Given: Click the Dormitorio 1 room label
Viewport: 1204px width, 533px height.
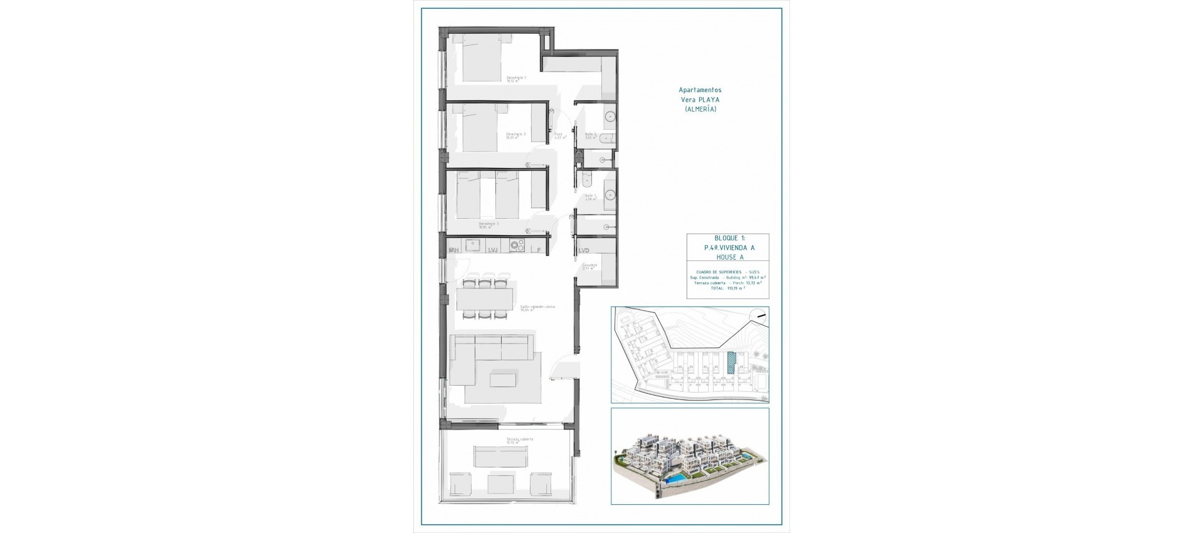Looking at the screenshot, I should [516, 79].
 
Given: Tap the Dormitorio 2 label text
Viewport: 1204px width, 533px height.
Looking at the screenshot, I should [515, 135].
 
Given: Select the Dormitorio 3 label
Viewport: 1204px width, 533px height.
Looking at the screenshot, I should [488, 224].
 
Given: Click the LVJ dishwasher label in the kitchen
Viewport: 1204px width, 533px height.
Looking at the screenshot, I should [493, 250].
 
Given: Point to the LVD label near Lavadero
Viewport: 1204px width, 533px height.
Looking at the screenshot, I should [584, 250].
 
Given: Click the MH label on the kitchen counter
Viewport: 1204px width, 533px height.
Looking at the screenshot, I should [454, 250].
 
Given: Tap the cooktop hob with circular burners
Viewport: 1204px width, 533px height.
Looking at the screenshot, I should [517, 246].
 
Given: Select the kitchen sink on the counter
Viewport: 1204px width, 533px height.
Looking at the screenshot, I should [473, 245].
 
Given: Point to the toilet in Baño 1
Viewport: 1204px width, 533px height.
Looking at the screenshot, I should [587, 180].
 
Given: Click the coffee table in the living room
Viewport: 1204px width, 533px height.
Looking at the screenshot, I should [503, 379].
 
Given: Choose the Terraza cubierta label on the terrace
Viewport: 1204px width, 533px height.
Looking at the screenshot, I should [520, 440].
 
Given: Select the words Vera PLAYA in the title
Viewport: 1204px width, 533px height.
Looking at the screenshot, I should [700, 100].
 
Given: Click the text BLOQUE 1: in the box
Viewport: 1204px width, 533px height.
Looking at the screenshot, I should [729, 238].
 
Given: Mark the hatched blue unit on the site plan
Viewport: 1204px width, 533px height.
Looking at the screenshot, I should [731, 362].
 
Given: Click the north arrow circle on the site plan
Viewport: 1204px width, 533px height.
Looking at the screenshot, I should [760, 317].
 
